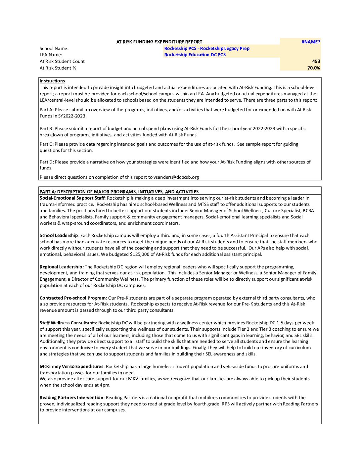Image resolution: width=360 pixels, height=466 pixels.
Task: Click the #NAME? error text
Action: (x=311, y=42)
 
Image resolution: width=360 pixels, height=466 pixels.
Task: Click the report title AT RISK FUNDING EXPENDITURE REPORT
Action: (x=159, y=42)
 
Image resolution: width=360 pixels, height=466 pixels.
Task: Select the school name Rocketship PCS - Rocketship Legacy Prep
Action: (x=207, y=48)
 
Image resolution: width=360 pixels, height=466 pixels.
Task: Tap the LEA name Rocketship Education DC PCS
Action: (x=195, y=55)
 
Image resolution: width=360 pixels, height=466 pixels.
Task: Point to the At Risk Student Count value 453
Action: (x=316, y=61)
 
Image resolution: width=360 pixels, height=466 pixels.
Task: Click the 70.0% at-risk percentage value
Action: (x=313, y=68)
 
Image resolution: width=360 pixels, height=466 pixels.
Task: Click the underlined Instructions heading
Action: (x=52, y=81)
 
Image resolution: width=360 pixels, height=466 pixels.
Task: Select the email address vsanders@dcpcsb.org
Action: (x=176, y=177)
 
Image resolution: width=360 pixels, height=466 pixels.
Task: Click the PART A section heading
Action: (x=119, y=192)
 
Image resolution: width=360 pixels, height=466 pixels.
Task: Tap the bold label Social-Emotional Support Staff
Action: (x=72, y=198)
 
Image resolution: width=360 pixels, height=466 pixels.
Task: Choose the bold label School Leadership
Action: (x=59, y=235)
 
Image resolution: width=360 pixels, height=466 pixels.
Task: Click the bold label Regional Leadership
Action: (x=62, y=267)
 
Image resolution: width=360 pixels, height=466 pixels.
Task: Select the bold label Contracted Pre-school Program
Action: (x=73, y=298)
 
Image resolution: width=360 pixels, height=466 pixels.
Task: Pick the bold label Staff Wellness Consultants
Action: (x=68, y=323)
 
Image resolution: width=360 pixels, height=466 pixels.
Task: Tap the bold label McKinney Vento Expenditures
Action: (x=71, y=366)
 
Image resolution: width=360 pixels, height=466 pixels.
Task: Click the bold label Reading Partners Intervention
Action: (x=71, y=397)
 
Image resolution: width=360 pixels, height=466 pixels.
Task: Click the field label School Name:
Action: (x=54, y=48)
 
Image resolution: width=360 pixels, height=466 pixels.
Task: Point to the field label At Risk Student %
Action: (x=58, y=68)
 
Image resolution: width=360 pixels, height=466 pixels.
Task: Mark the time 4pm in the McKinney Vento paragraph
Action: (x=105, y=385)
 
